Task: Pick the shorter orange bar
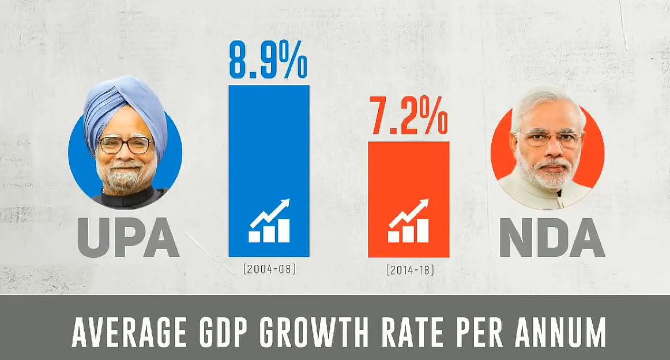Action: click(408, 173)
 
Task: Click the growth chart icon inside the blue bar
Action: click(269, 221)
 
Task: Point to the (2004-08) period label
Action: click(269, 268)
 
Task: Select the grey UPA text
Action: click(128, 237)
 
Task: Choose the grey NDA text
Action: click(552, 237)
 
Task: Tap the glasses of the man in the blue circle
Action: click(125, 144)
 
